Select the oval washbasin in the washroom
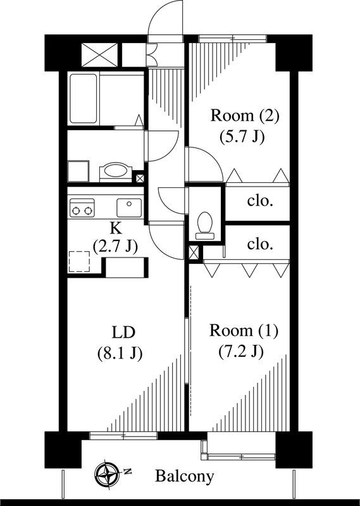click(x=114, y=171)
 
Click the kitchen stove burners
click(x=82, y=207)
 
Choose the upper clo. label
click(x=260, y=202)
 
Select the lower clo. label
click(x=260, y=244)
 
